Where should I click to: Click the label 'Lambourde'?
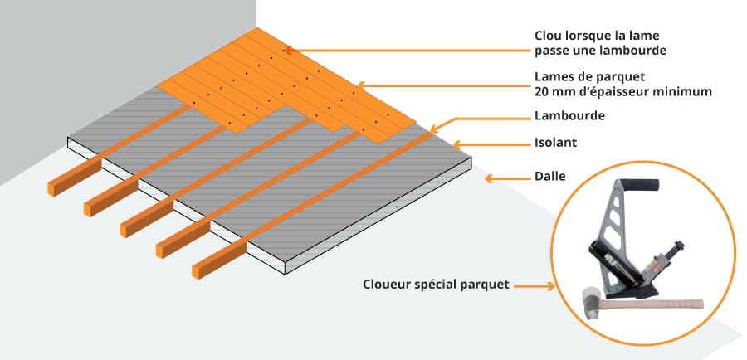[x=569, y=116]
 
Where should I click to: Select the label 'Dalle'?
[x=551, y=178]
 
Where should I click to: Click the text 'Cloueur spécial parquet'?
[x=435, y=285]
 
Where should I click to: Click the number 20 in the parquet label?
[x=544, y=92]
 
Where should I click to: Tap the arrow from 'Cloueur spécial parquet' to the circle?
[x=535, y=286]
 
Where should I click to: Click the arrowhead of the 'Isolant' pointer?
[x=458, y=145]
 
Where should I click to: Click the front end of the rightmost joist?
[x=202, y=268]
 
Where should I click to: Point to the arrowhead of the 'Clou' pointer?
[x=287, y=50]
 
